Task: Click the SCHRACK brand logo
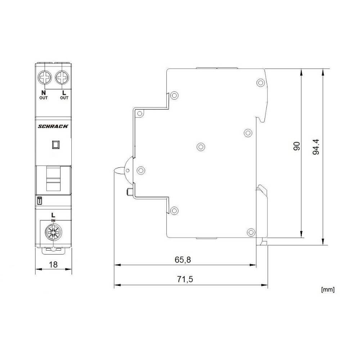click(x=53, y=126)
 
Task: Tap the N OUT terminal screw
click(x=45, y=77)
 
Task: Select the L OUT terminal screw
click(x=62, y=77)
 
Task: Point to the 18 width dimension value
click(x=53, y=265)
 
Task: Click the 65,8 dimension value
click(x=183, y=260)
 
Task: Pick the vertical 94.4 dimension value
click(x=316, y=147)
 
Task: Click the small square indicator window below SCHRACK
click(x=56, y=145)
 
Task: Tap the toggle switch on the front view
click(x=53, y=179)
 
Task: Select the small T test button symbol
click(x=39, y=201)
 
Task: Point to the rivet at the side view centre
click(x=201, y=146)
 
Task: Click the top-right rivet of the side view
click(x=260, y=82)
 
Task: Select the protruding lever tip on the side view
click(x=117, y=170)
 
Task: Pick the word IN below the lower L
click(x=53, y=220)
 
